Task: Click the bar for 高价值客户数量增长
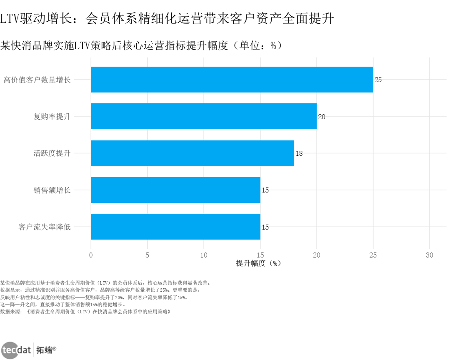[x=232, y=80]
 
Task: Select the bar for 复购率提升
[x=203, y=116]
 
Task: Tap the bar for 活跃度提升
[x=192, y=153]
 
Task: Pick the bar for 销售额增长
[x=175, y=190]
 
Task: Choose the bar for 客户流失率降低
[x=175, y=227]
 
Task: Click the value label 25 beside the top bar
[x=378, y=80]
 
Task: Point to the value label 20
[x=322, y=117]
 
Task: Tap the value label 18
[x=299, y=153]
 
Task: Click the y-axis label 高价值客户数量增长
[x=37, y=80]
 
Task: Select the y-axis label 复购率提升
[x=52, y=117]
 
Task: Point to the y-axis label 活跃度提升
[x=52, y=153]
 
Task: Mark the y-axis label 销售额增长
[x=52, y=190]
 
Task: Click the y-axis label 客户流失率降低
[x=45, y=227]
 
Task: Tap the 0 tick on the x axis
[x=91, y=255]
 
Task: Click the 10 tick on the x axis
[x=204, y=255]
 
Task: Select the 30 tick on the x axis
[x=430, y=255]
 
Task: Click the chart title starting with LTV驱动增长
[x=167, y=18]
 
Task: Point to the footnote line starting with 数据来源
[x=85, y=311]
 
